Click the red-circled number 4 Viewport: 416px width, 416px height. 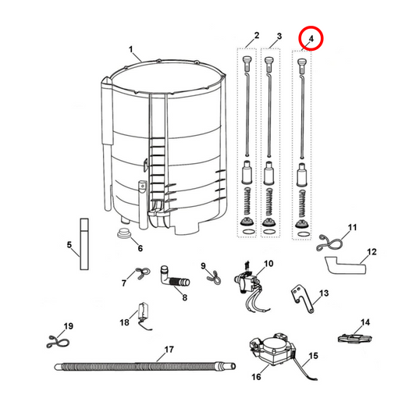[x=311, y=37]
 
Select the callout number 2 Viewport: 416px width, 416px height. [x=256, y=37]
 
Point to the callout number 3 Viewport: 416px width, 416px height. [x=279, y=37]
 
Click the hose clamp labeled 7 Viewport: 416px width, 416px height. [x=140, y=273]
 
